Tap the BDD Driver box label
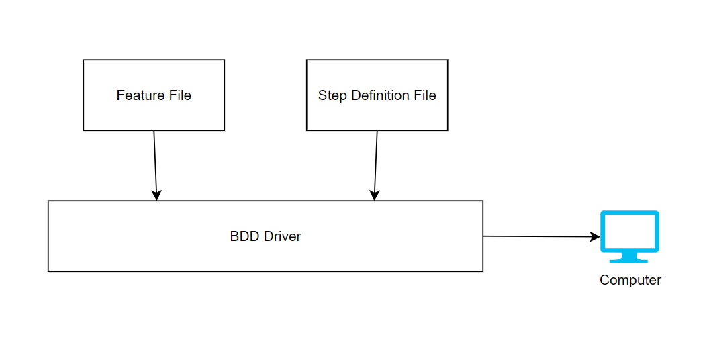pyautogui.click(x=265, y=236)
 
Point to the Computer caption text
pyautogui.click(x=630, y=280)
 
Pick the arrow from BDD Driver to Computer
pyautogui.click(x=537, y=236)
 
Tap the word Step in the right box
pyautogui.click(x=332, y=95)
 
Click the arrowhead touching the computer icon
pyautogui.click(x=595, y=237)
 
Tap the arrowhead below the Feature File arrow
pyautogui.click(x=156, y=195)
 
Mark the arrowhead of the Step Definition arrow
pyautogui.click(x=375, y=195)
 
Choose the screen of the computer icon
pyautogui.click(x=629, y=230)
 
